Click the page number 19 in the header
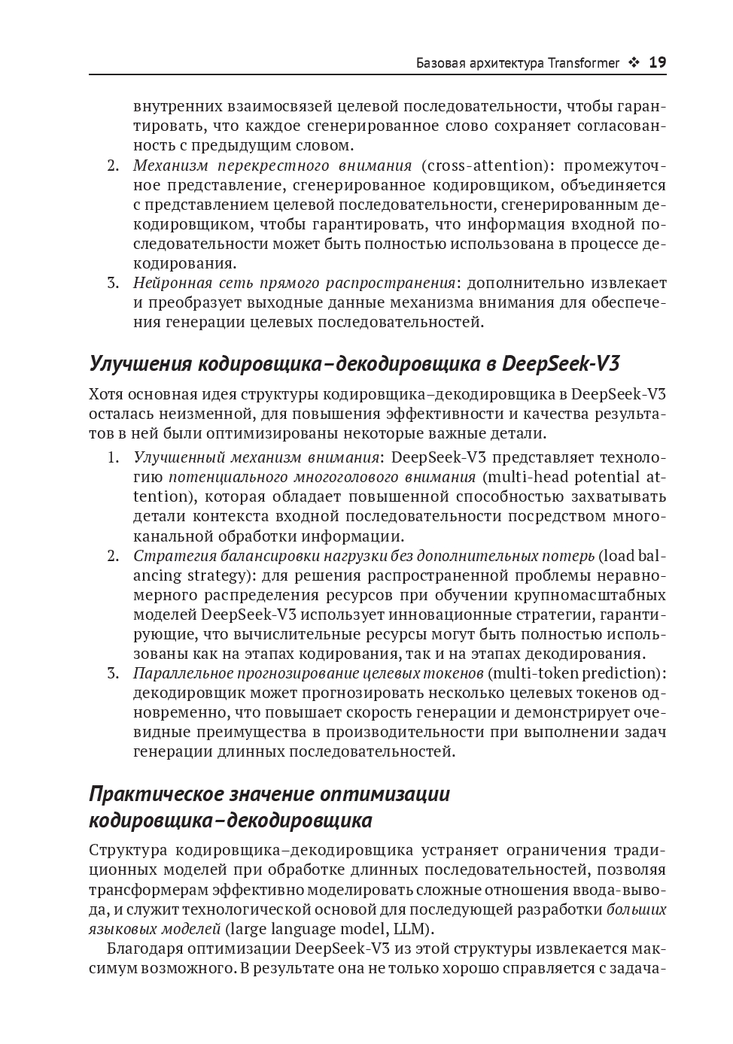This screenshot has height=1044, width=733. coord(657,62)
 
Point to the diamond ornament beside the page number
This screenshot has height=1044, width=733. coord(634,63)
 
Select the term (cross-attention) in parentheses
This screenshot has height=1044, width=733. coord(486,165)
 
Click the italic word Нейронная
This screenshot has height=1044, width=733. coord(166,283)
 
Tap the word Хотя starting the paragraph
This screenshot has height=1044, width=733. coord(105,394)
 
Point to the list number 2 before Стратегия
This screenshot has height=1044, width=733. coord(113,556)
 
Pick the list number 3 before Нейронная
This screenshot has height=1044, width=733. coord(113,283)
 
